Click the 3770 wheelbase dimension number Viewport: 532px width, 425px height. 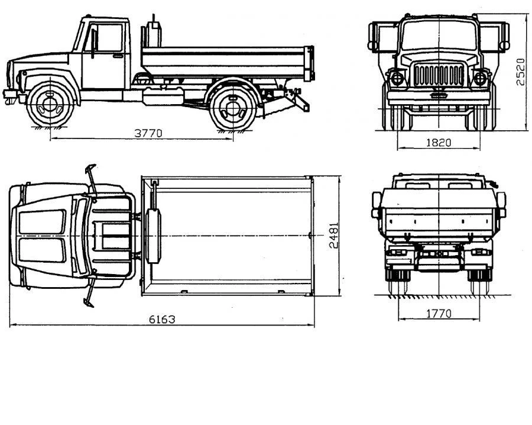[148, 133]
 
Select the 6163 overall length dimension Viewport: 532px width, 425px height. [162, 320]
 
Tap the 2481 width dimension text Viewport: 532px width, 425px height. [334, 236]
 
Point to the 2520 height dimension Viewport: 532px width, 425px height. [520, 72]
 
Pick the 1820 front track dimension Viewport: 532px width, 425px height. [439, 143]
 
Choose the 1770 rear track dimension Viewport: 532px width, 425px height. [439, 313]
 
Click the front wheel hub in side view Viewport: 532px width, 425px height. [50, 105]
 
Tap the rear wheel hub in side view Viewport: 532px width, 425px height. [233, 108]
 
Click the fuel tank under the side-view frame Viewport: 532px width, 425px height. [163, 96]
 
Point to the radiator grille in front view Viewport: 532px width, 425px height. [439, 75]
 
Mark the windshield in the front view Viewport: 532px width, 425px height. [439, 36]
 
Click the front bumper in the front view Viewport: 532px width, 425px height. [439, 98]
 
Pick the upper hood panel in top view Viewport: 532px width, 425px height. [43, 221]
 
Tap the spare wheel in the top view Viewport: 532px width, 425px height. [153, 236]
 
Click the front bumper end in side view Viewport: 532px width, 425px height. [10, 96]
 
